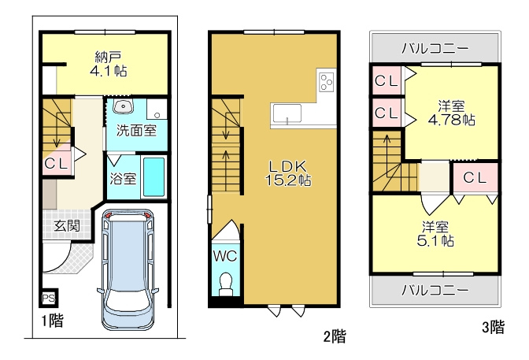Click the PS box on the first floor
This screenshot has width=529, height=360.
click(49, 298)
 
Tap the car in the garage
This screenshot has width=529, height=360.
click(128, 269)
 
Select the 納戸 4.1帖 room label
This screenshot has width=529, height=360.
click(109, 64)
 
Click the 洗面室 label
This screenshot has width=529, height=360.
click(137, 130)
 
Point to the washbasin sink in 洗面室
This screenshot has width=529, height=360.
click(124, 106)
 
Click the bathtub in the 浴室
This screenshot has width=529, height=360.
click(154, 176)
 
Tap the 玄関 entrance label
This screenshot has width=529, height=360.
click(67, 225)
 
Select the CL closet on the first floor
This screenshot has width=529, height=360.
click(57, 164)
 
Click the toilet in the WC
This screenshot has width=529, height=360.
click(225, 282)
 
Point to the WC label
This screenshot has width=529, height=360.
click(225, 256)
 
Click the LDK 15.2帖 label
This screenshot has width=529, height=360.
click(288, 173)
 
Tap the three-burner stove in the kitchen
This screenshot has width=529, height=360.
click(326, 81)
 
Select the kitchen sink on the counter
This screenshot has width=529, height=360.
click(287, 114)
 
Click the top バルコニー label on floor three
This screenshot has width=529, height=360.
click(435, 49)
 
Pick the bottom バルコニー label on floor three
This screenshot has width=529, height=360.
click(435, 290)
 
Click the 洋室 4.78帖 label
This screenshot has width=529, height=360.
click(451, 113)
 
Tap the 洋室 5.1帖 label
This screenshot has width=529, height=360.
click(435, 234)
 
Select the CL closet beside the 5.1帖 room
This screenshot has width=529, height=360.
click(475, 177)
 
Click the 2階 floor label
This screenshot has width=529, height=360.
click(335, 336)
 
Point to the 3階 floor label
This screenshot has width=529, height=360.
click(494, 327)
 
